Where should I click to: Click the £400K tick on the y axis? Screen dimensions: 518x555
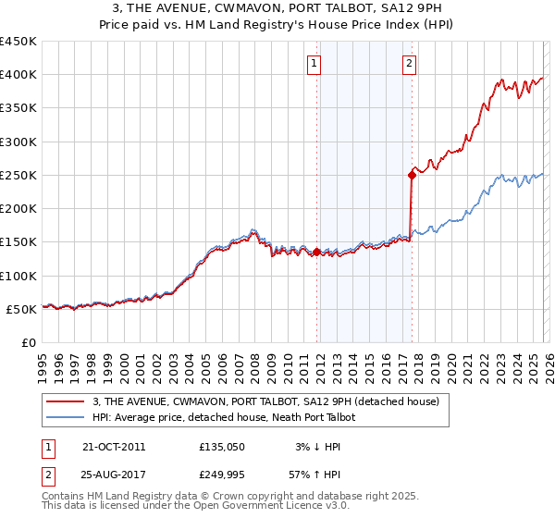[18, 75]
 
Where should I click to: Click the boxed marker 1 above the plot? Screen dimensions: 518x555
[314, 64]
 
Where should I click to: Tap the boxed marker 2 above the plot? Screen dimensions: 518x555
[409, 64]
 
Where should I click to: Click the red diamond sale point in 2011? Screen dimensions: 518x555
[316, 252]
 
